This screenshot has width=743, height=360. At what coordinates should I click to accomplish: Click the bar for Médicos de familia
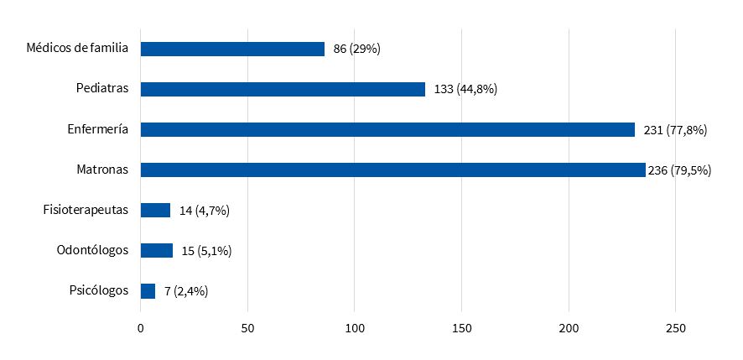click(232, 49)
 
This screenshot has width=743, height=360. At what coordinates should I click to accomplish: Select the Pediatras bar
click(283, 89)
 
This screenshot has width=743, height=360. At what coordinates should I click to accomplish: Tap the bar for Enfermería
click(387, 129)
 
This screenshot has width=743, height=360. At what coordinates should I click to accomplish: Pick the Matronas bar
click(392, 170)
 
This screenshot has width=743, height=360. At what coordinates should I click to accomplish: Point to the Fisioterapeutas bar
click(155, 210)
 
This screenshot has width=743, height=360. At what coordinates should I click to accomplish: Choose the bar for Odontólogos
click(157, 250)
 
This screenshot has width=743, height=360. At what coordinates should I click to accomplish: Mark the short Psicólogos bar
click(148, 290)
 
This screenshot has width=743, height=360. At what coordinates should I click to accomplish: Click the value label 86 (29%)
click(357, 49)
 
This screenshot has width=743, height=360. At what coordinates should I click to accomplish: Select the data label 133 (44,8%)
click(466, 89)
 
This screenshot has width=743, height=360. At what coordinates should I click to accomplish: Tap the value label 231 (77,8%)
click(676, 129)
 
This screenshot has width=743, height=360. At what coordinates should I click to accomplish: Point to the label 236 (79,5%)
click(680, 170)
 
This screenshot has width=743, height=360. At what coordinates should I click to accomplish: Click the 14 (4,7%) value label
click(205, 210)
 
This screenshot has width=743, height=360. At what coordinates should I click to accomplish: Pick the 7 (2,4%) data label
click(186, 290)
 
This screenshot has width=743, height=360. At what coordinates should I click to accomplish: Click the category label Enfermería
click(98, 129)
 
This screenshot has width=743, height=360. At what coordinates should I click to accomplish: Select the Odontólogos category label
click(92, 250)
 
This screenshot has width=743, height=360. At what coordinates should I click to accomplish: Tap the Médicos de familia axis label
click(77, 49)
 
